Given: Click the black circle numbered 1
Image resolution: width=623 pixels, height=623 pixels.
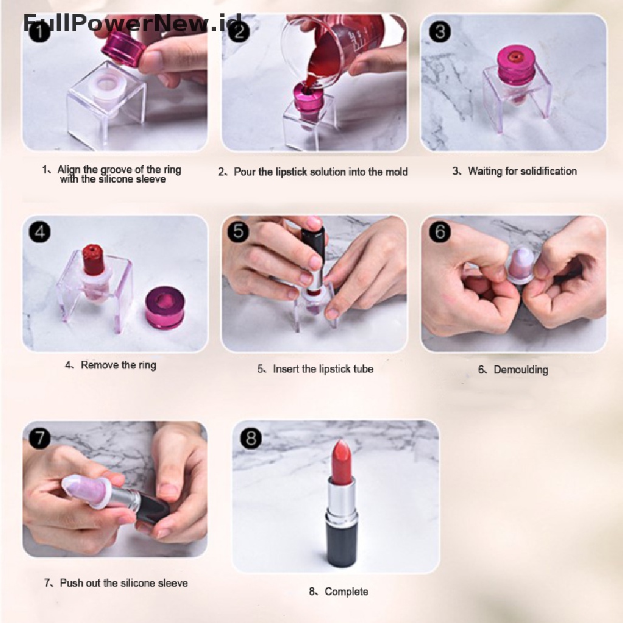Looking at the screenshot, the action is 40,32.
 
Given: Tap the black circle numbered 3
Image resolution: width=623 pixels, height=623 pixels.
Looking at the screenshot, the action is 440,32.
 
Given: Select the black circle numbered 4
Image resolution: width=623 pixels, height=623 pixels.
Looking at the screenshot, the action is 40,232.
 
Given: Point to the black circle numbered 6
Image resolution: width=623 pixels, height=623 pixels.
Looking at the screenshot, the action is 440,232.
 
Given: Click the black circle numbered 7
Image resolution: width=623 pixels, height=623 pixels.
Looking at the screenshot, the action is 40,438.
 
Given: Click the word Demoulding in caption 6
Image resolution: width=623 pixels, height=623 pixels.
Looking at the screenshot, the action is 521,369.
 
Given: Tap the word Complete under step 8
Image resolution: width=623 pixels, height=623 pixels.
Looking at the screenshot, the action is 346,591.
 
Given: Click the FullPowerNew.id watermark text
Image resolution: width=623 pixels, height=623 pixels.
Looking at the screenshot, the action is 132,23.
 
